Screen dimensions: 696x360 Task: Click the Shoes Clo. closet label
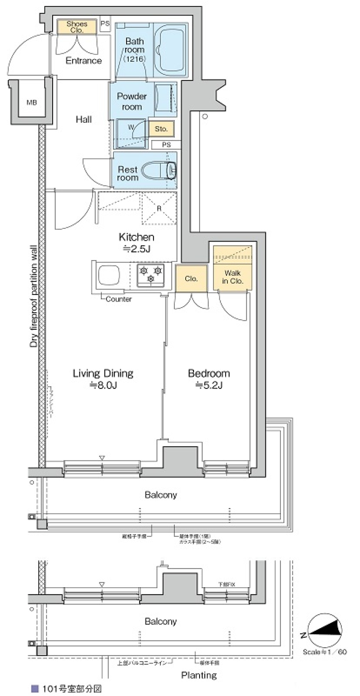[x=77, y=27]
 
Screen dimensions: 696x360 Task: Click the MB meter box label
[x=32, y=102]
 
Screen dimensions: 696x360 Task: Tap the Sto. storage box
[x=161, y=129]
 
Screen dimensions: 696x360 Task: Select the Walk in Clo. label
[x=232, y=277]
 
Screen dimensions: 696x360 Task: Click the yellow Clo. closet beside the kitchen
[x=191, y=279]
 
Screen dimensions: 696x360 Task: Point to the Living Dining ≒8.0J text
[x=103, y=379]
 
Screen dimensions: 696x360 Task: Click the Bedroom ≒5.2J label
[x=209, y=379]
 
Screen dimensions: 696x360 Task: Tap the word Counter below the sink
[x=118, y=299]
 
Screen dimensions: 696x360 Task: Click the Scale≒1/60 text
[x=325, y=652]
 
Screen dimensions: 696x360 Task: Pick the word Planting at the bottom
[x=199, y=675]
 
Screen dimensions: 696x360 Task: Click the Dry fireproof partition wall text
[x=34, y=296]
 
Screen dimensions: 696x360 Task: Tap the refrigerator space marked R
[x=159, y=208]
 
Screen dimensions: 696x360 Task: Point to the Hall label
[x=84, y=119]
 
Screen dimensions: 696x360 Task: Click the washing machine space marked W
[x=131, y=128]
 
